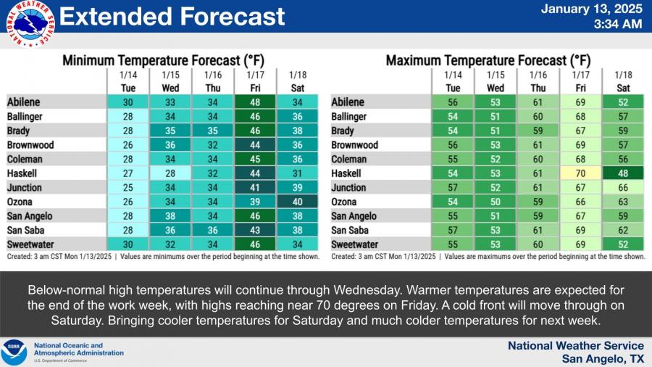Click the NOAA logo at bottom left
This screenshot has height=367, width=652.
(x=14, y=352)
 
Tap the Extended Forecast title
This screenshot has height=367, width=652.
(x=172, y=17)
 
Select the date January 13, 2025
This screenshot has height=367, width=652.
(x=592, y=9)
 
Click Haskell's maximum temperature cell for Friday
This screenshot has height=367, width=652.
(x=581, y=173)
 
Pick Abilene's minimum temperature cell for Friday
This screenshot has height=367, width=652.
(x=255, y=102)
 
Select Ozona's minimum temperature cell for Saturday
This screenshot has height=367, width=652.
(x=297, y=202)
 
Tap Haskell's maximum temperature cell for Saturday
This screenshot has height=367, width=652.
(x=622, y=173)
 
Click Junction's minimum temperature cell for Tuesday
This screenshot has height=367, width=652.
(x=128, y=188)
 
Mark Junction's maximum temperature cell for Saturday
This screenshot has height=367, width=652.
(x=622, y=188)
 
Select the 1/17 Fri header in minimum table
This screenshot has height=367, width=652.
(x=255, y=81)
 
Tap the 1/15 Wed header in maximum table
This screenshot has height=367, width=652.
(x=496, y=81)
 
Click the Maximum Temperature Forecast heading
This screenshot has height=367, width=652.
(x=488, y=61)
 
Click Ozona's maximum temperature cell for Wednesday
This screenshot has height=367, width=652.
(x=496, y=202)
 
